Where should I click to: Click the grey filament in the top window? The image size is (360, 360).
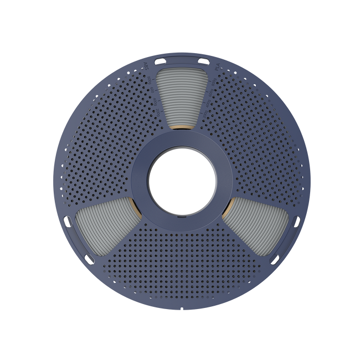[181, 94]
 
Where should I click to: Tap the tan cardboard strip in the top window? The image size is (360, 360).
[181, 128]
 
